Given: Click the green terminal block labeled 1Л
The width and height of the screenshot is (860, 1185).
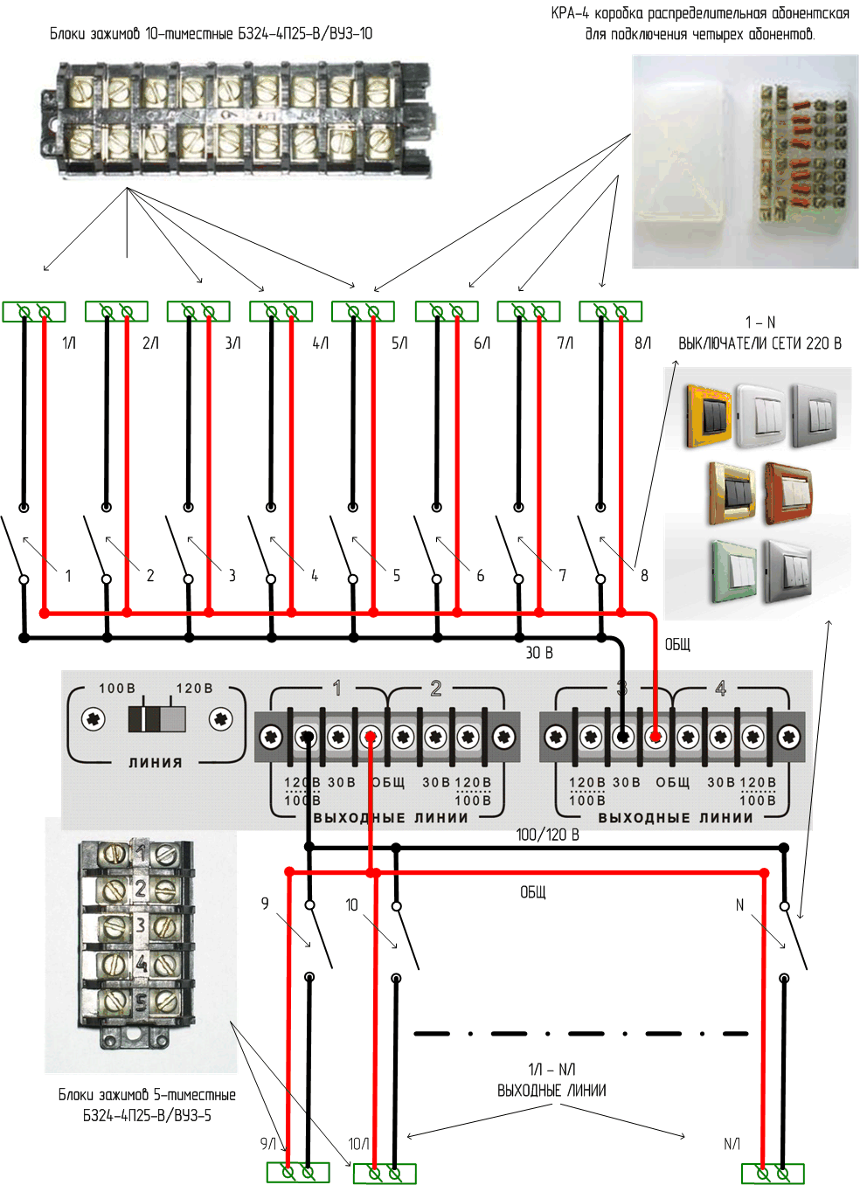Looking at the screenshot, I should (34, 311).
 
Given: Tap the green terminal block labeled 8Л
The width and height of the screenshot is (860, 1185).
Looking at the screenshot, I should (611, 311).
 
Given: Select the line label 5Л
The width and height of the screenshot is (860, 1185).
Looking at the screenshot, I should (399, 343).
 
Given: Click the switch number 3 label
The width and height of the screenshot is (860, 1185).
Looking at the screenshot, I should (232, 576).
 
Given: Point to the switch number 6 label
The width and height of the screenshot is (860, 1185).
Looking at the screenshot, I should (480, 576).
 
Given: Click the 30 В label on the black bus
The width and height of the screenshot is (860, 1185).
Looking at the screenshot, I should (539, 653).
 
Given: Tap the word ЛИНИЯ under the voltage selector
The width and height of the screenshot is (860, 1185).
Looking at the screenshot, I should (156, 763).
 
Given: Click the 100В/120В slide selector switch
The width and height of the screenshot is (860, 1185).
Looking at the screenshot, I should (157, 718).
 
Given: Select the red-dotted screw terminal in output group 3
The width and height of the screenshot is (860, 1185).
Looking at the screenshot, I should (655, 738).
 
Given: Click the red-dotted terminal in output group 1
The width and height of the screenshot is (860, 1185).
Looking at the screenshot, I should (371, 738).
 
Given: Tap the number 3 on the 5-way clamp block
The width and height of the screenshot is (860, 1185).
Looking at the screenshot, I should (140, 925).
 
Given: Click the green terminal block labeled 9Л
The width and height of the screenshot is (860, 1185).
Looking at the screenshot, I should (298, 1172).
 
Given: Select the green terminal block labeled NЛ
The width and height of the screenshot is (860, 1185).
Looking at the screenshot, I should (773, 1172).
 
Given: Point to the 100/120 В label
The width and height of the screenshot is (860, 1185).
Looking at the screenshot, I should (547, 835).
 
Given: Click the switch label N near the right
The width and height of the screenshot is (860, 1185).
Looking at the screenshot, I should (739, 905).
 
